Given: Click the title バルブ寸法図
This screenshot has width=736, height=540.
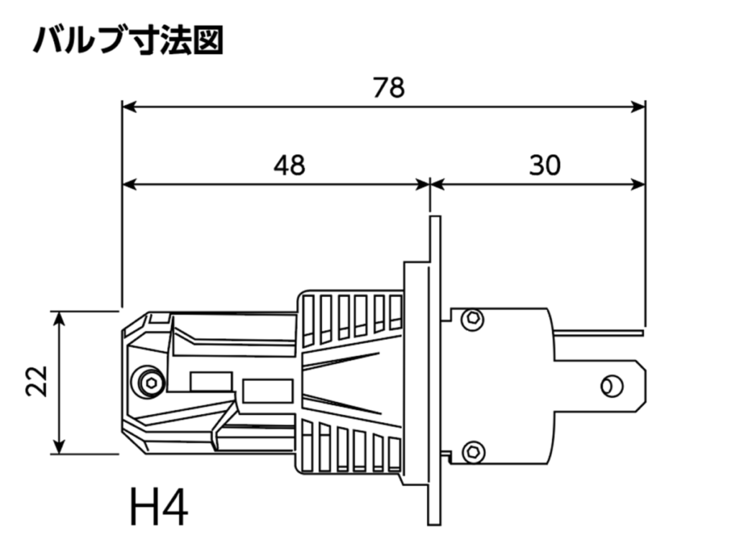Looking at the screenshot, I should tap(128, 42).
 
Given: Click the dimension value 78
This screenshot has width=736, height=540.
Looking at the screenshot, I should tap(389, 88).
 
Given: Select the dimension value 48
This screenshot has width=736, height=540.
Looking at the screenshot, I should tap(289, 165).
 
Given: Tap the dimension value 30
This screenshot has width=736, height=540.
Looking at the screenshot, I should tap(544, 165).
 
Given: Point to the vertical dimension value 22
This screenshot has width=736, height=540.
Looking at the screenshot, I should tap(36, 381).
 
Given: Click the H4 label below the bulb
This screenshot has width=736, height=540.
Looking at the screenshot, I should tap(160, 508).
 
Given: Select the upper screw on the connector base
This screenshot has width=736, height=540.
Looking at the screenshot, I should tap(472, 318).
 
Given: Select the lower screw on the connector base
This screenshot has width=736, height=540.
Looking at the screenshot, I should tap(472, 452).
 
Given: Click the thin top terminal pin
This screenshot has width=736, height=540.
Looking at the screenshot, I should tap(600, 333).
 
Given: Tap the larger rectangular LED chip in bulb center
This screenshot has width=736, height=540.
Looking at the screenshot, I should tap(267, 391).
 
